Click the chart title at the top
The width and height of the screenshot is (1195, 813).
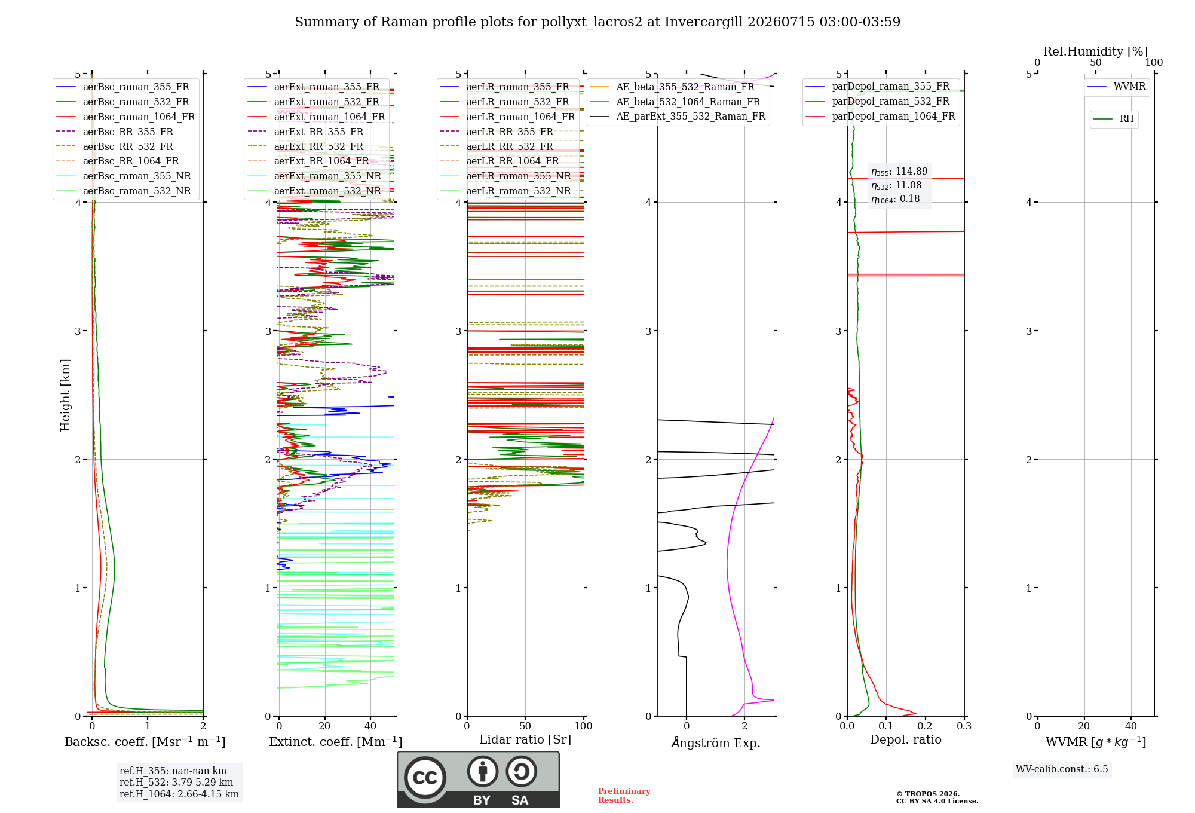point(597,22)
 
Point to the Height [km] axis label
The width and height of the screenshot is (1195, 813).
point(65,395)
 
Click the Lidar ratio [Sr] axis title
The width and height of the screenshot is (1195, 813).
point(525,740)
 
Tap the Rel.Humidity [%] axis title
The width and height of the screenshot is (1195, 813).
point(1095,51)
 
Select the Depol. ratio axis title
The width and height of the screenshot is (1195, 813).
point(906,740)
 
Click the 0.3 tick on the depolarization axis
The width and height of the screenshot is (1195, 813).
point(964,726)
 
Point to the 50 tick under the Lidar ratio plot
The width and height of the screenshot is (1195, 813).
point(525,726)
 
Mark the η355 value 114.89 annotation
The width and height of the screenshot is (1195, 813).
point(899,172)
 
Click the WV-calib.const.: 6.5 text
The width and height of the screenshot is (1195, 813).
point(1062,769)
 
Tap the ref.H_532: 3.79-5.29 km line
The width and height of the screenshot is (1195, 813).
point(176,783)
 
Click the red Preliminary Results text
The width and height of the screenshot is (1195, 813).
point(624,796)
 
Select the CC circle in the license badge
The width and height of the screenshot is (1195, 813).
point(425,778)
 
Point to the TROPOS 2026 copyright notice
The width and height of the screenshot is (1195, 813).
point(937,798)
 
